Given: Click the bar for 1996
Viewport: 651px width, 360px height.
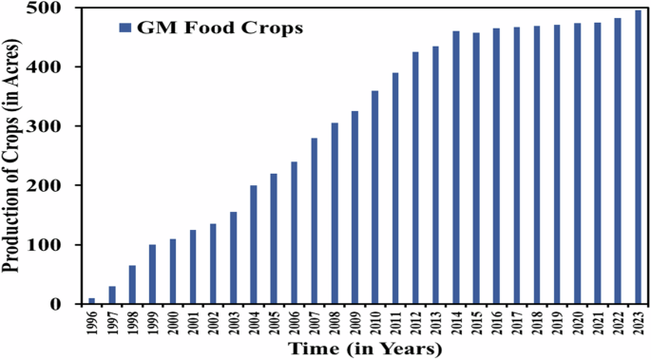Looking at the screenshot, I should coord(92,301).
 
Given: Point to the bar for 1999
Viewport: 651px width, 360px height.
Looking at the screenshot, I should coord(152,275).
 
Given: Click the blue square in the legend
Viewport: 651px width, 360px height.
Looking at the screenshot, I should coord(124,28).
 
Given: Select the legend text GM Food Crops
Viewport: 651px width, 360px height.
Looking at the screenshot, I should coord(220,28).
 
